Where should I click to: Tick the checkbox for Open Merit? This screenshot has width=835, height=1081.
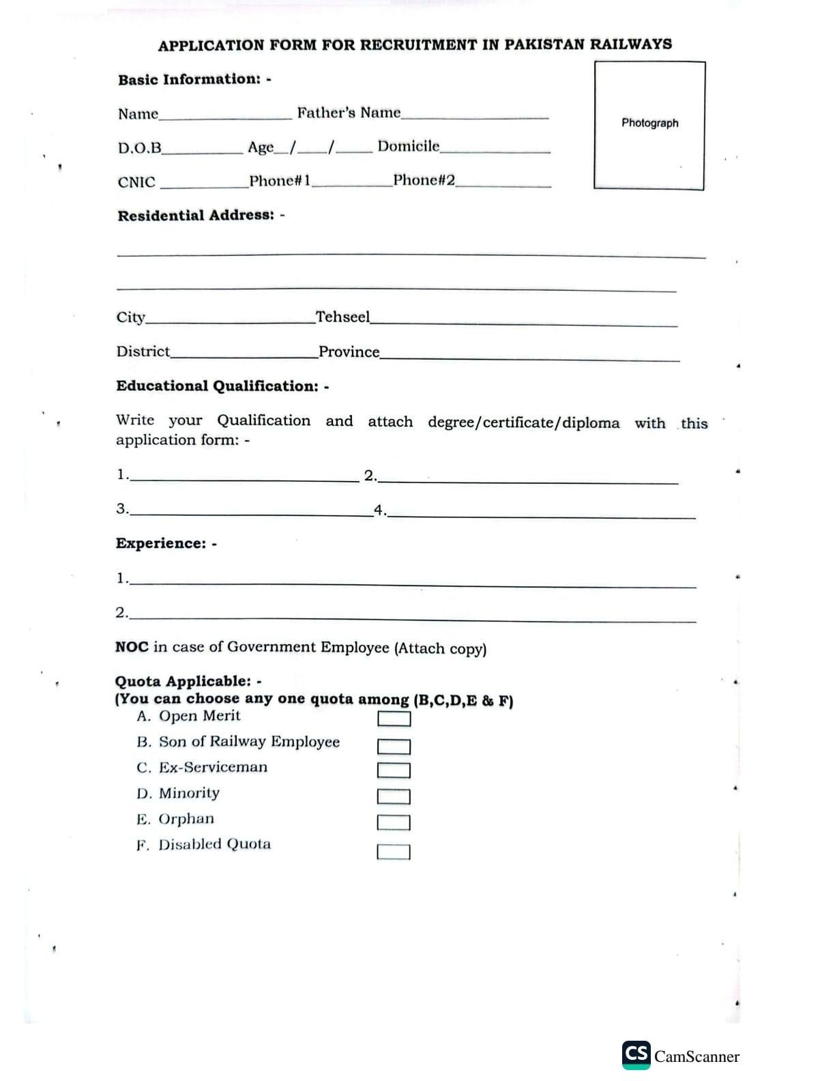pyautogui.click(x=394, y=719)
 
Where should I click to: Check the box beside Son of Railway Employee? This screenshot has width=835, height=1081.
pyautogui.click(x=394, y=747)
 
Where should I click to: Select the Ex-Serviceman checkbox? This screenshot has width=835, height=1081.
pyautogui.click(x=394, y=770)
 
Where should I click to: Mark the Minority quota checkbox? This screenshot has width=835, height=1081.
pyautogui.click(x=394, y=796)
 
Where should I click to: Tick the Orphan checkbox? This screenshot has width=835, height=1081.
pyautogui.click(x=394, y=822)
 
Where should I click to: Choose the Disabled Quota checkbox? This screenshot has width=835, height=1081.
pyautogui.click(x=394, y=852)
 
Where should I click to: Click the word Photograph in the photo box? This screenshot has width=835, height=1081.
pyautogui.click(x=649, y=123)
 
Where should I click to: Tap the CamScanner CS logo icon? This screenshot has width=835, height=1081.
pyautogui.click(x=636, y=1054)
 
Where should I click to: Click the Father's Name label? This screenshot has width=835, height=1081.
pyautogui.click(x=349, y=113)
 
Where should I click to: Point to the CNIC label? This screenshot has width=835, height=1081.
pyautogui.click(x=136, y=182)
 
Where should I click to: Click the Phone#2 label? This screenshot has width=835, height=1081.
pyautogui.click(x=424, y=180)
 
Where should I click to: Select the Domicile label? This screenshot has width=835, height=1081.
pyautogui.click(x=409, y=146)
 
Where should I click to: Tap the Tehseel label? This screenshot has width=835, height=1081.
pyautogui.click(x=342, y=317)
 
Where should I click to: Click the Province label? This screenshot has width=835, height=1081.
pyautogui.click(x=349, y=351)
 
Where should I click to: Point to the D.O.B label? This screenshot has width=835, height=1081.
pyautogui.click(x=140, y=147)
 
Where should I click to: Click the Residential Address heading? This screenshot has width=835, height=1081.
pyautogui.click(x=196, y=216)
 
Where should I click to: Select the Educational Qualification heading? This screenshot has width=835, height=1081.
pyautogui.click(x=217, y=386)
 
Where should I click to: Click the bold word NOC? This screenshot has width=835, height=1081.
pyautogui.click(x=132, y=646)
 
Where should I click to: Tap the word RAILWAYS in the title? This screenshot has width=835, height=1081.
pyautogui.click(x=630, y=44)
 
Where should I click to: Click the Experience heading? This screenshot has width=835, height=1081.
pyautogui.click(x=161, y=543)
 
